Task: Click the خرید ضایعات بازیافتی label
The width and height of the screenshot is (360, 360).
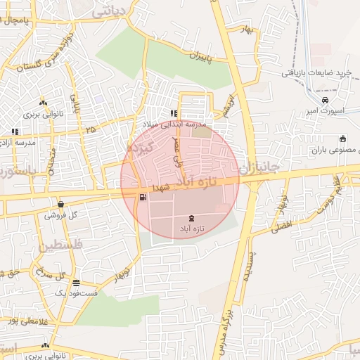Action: coord(316,72)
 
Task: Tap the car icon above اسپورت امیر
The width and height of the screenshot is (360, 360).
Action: coord(325,100)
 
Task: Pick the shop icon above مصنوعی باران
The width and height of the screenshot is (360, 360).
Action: coord(342,139)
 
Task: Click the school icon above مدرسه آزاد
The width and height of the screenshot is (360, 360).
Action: coord(15,131)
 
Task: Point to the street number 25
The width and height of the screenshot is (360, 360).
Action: coord(90,129)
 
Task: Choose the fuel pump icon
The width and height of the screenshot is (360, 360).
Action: coord(143,196)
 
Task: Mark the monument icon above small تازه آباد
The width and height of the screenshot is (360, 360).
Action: coord(193,219)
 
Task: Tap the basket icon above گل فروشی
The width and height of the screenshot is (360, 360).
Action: coord(61,204)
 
